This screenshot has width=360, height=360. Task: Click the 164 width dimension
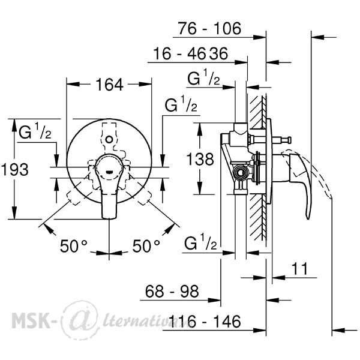pos(109,85)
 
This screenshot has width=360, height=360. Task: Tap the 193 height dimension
pos(15,170)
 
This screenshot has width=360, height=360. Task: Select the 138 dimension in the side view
pos(200,159)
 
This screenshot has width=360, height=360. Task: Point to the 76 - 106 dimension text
pos(209,28)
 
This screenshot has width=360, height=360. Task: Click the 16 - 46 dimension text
pos(179,53)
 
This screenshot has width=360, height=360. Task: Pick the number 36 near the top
pos(219,53)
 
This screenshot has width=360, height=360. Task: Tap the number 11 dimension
pos(299,269)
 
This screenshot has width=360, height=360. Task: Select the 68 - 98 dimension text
pos(172,291)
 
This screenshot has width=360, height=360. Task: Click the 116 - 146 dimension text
pos(205,321)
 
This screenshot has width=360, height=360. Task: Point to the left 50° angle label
pos(73,246)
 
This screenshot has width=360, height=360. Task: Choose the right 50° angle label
pos(146,246)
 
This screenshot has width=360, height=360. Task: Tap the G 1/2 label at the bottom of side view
pos(200,242)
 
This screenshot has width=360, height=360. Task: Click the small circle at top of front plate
pos(109,139)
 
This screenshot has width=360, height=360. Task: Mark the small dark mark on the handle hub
pos(109,172)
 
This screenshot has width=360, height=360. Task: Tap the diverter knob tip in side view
pos(290,140)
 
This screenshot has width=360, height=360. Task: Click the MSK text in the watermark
pos(31,321)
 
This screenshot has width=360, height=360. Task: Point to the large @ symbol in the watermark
pos(81,320)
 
